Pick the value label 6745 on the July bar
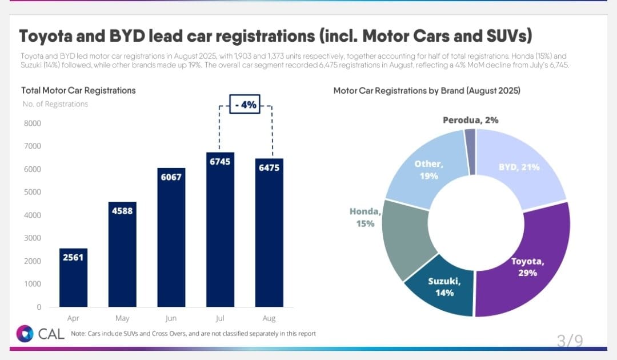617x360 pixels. (220, 162)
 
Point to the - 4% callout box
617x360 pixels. (245, 105)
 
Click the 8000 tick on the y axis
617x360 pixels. (33, 123)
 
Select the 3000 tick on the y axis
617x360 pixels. (33, 238)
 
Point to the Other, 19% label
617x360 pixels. (428, 170)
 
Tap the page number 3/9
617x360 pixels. (570, 341)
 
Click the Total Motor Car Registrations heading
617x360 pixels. (78, 90)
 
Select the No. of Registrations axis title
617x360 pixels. (55, 104)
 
